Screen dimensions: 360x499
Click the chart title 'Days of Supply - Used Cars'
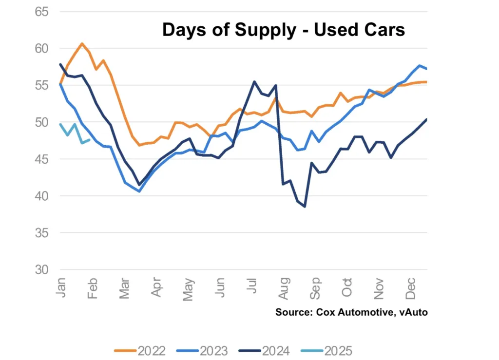click(x=283, y=30)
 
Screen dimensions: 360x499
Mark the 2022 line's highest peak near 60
click(x=82, y=43)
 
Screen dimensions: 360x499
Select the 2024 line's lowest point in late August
click(x=305, y=207)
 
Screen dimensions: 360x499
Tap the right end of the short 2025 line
click(x=89, y=140)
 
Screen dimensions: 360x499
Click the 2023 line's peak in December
click(x=420, y=65)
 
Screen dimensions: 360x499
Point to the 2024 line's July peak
click(x=254, y=81)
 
